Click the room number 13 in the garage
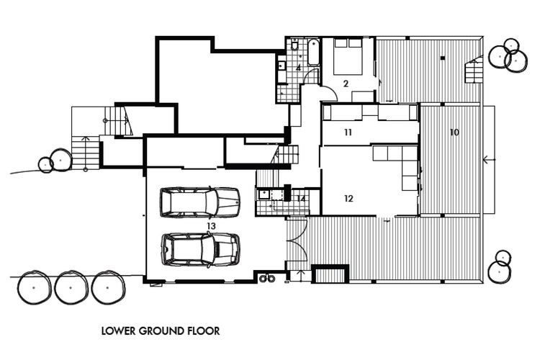(211, 226)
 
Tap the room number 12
(348, 199)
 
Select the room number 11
(348, 132)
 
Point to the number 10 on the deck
(454, 132)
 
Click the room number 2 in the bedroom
(346, 83)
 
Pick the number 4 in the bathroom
(299, 68)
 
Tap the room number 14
(301, 199)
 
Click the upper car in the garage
(199, 202)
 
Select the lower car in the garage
(201, 250)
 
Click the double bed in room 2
(348, 56)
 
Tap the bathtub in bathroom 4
(313, 53)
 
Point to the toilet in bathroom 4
(294, 45)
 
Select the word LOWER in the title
(118, 331)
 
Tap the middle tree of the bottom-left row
(71, 287)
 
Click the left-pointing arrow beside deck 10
(490, 160)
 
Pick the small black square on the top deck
(443, 58)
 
